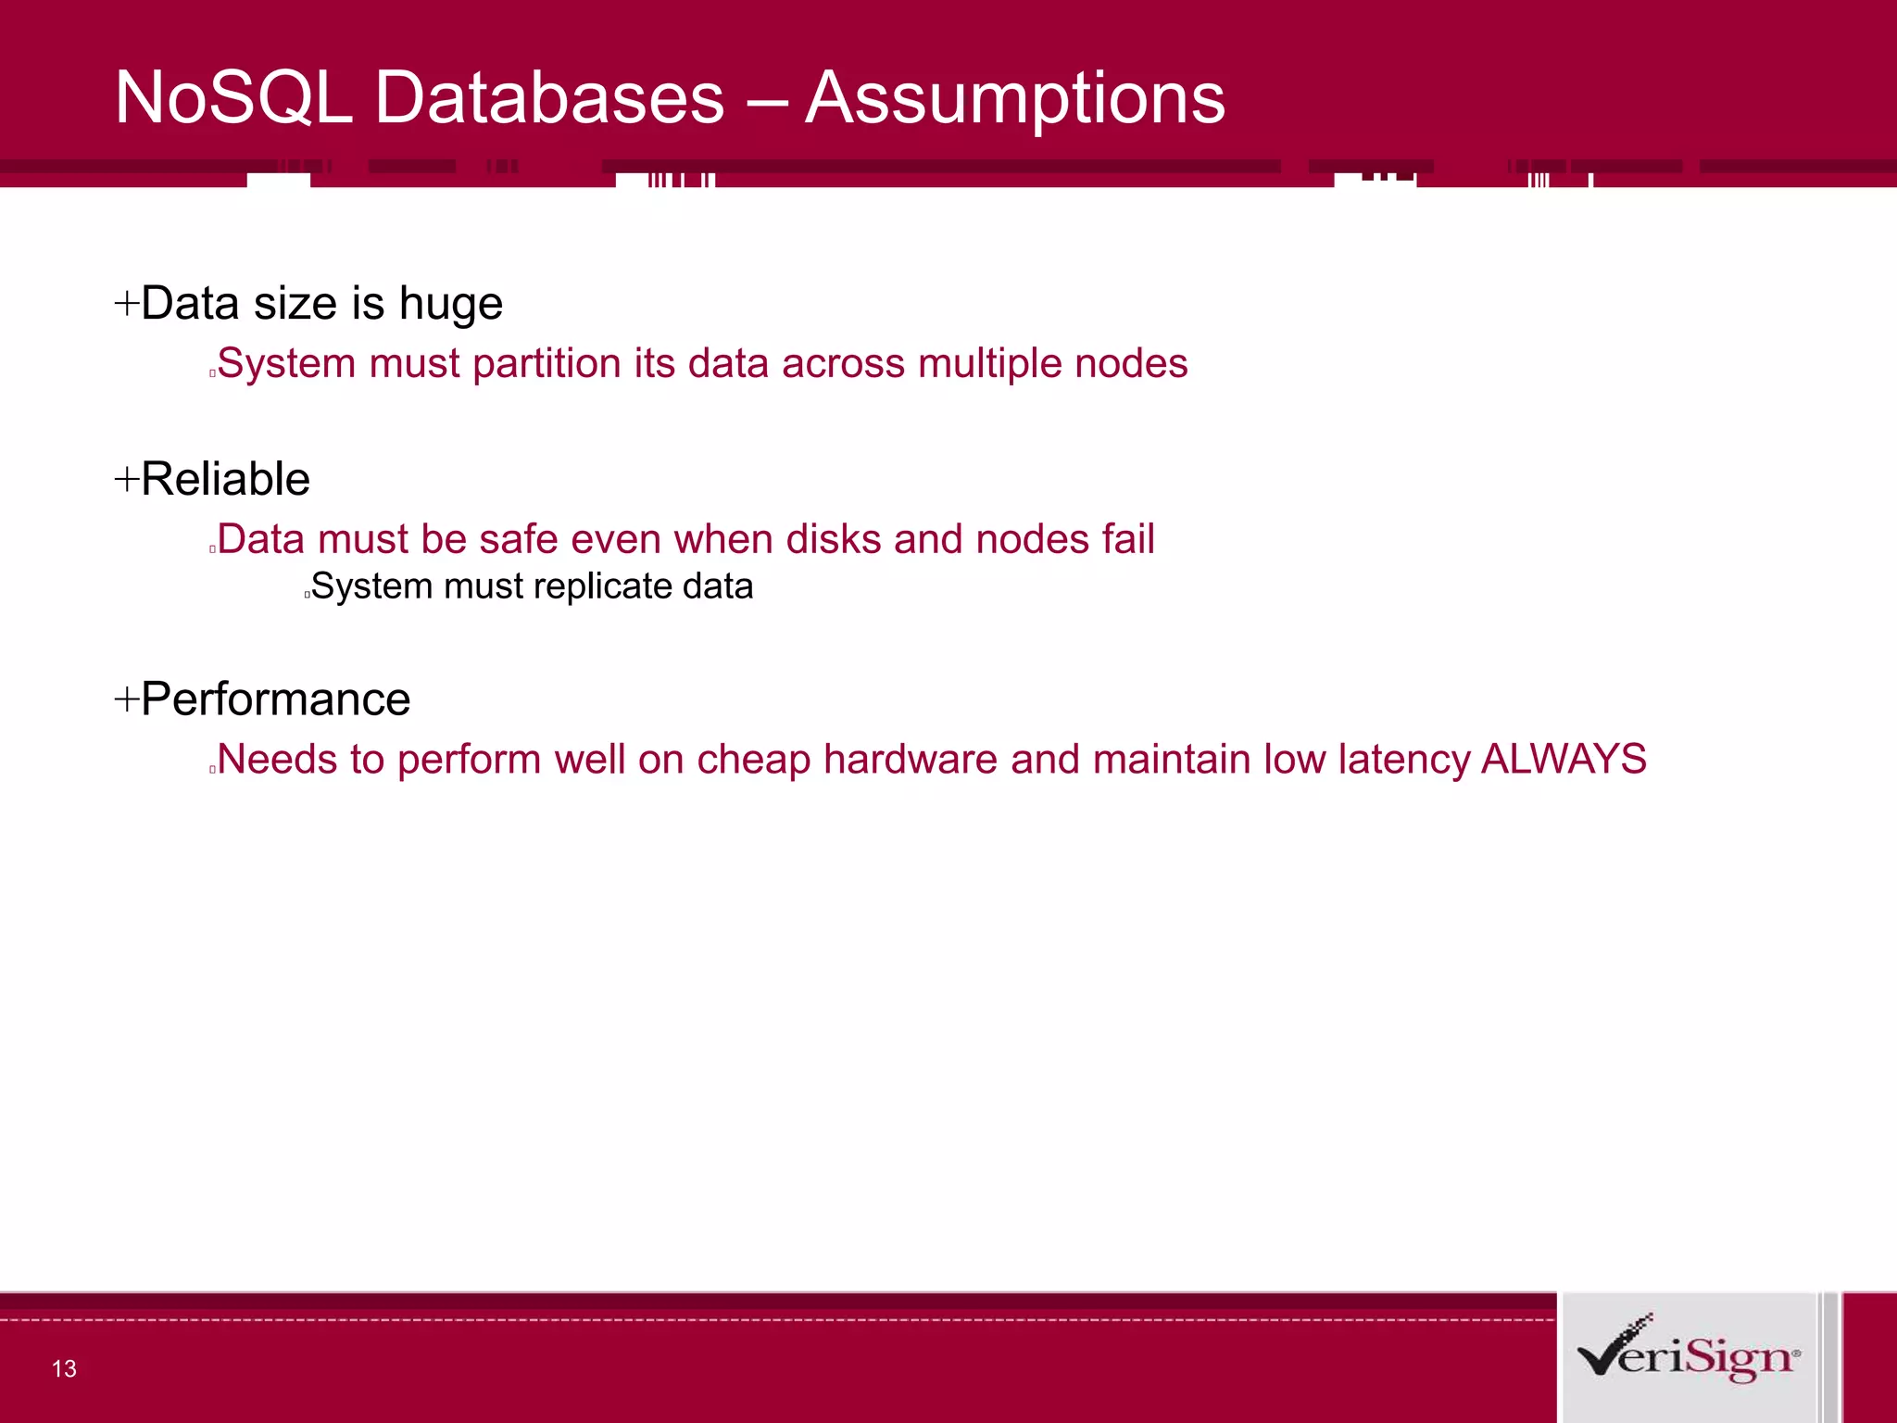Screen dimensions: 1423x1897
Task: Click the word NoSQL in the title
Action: pyautogui.click(x=233, y=98)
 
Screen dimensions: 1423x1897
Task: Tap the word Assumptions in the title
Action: pyautogui.click(x=1015, y=98)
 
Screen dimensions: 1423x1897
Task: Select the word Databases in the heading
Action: pyautogui.click(x=549, y=98)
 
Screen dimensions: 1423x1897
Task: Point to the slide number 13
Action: pyautogui.click(x=64, y=1368)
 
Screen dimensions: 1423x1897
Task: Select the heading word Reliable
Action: pyautogui.click(x=225, y=480)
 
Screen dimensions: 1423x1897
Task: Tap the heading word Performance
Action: pyautogui.click(x=275, y=699)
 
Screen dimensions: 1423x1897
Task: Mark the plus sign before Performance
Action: pyautogui.click(x=126, y=699)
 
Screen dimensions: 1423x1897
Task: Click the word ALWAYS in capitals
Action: pyautogui.click(x=1564, y=760)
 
